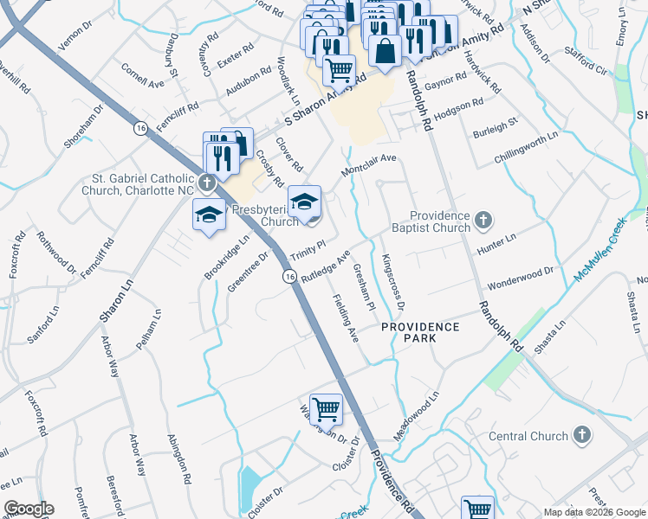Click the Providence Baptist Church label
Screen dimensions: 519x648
[440, 221]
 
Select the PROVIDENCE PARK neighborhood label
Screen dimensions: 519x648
[422, 331]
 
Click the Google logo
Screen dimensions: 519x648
[29, 509]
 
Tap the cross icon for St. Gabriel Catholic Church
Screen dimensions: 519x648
[206, 183]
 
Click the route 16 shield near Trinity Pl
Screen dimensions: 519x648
[288, 275]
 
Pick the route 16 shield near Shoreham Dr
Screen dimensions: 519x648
[139, 127]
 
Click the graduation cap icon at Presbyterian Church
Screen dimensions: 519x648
[304, 202]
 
